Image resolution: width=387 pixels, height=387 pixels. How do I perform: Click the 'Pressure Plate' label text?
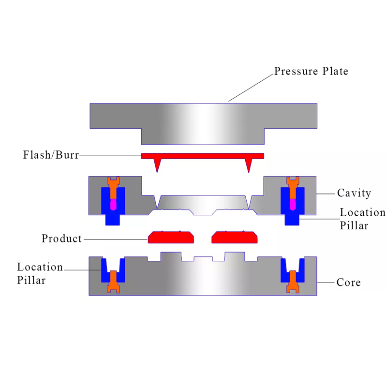[311, 72]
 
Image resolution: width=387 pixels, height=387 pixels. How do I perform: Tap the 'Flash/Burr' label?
[51, 155]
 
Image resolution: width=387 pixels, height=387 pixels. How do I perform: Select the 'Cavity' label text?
[354, 193]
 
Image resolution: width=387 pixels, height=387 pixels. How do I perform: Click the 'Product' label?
[61, 238]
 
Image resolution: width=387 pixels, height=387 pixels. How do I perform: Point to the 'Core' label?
[348, 283]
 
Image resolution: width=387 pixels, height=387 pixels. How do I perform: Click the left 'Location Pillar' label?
[40, 273]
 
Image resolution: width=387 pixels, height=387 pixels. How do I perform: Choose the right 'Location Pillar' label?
[362, 219]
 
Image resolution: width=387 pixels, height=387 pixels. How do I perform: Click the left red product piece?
[171, 238]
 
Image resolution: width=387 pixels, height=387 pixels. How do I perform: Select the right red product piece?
[235, 238]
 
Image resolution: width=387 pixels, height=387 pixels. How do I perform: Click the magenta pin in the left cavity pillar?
[113, 205]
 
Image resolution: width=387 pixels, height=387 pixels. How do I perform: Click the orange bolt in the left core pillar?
[113, 283]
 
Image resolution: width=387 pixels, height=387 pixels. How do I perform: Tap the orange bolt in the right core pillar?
[292, 283]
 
